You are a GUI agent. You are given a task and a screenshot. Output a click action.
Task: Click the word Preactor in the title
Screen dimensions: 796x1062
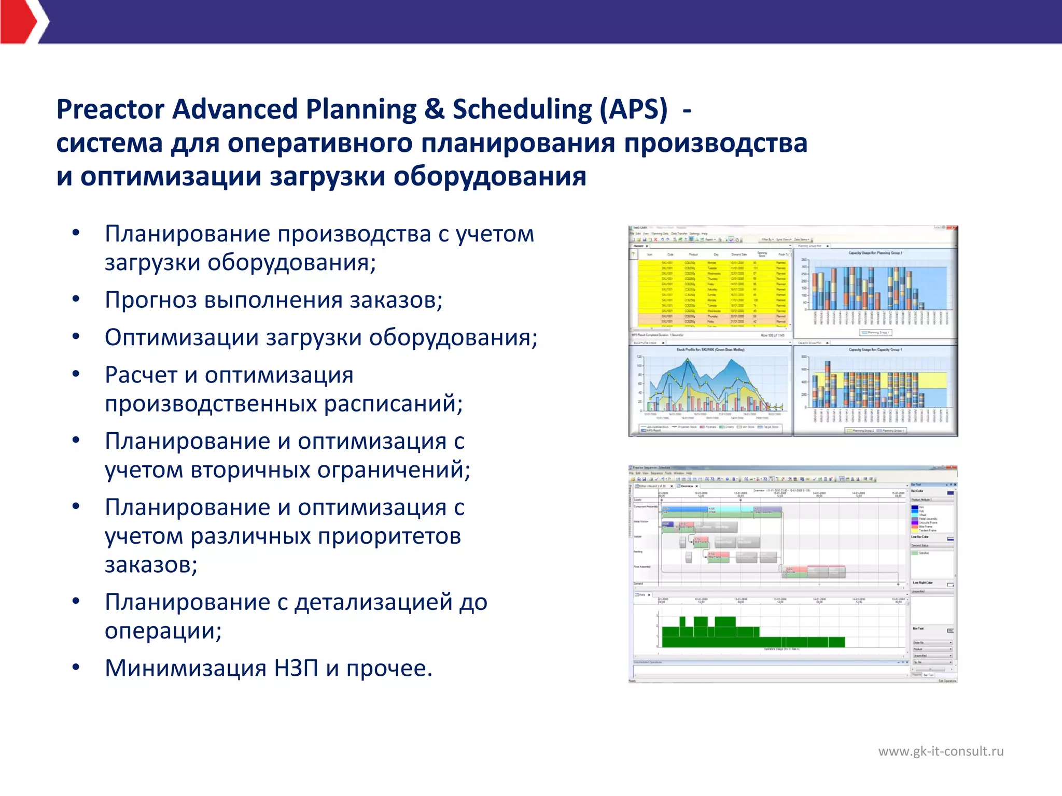coord(110,109)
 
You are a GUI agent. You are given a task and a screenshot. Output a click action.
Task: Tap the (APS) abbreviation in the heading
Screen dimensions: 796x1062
coord(633,109)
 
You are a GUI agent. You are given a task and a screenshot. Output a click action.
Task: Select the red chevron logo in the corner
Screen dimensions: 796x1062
coord(20,22)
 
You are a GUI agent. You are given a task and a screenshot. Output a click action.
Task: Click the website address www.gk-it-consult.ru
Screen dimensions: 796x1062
coord(941,751)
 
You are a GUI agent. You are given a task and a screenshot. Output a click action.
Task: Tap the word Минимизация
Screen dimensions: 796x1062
coord(185,668)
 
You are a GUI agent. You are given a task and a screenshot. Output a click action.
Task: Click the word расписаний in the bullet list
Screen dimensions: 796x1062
coord(393,404)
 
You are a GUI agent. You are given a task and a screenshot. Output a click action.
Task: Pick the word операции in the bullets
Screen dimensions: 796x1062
coord(162,631)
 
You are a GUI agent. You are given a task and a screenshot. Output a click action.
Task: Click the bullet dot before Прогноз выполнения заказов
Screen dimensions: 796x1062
coord(76,300)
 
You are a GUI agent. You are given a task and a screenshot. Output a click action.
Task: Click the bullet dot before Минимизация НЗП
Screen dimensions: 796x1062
coord(76,667)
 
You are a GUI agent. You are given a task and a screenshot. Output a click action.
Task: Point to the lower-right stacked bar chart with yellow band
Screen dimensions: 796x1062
coord(875,386)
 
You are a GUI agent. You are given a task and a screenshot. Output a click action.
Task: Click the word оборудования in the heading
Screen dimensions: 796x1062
coord(490,176)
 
